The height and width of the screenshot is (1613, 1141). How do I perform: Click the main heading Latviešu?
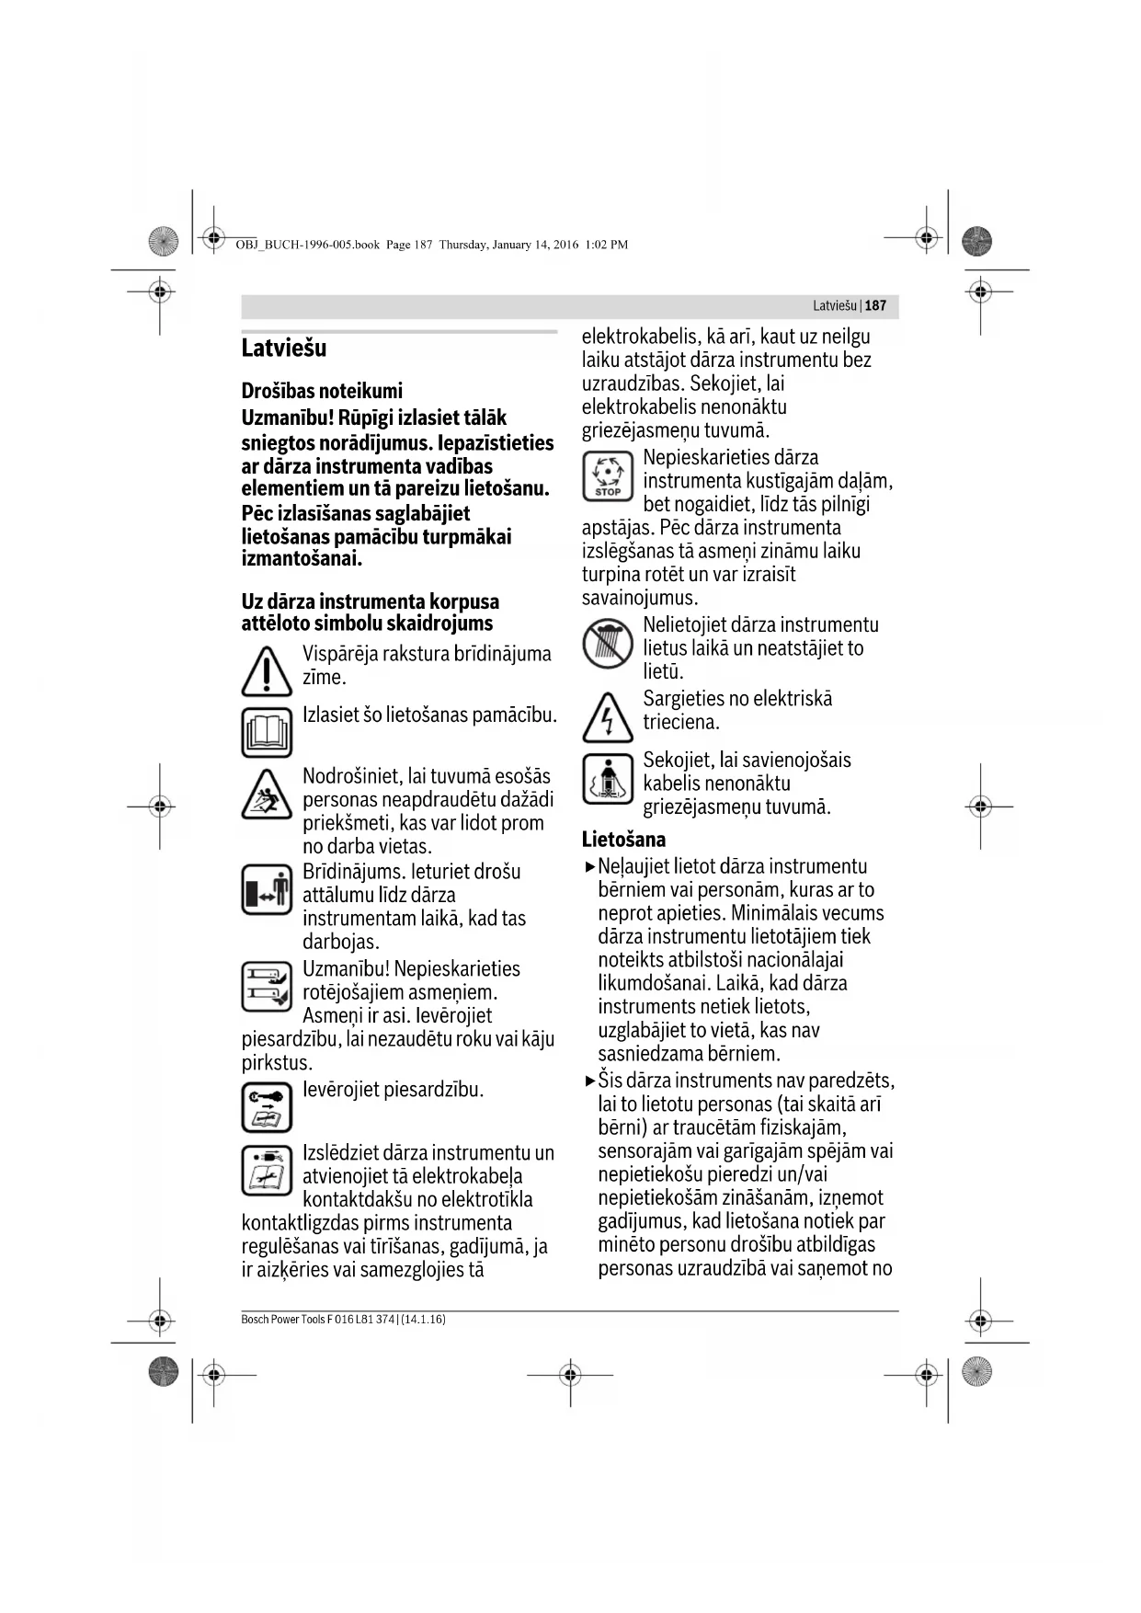(283, 349)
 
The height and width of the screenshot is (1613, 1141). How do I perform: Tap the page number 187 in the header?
(875, 305)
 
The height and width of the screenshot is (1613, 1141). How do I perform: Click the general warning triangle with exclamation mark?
(267, 672)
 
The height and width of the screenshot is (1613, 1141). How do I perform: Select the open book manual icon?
(267, 732)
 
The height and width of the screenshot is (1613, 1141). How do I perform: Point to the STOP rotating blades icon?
(608, 476)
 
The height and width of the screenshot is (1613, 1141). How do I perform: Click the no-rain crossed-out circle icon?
(608, 644)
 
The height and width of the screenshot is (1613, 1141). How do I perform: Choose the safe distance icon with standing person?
(267, 889)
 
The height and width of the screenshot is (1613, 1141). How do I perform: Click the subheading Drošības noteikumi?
(322, 391)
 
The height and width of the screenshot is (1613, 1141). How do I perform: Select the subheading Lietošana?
(623, 839)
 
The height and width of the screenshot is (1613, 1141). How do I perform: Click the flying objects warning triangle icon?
(267, 794)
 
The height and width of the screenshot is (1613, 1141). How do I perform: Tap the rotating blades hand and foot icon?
(267, 987)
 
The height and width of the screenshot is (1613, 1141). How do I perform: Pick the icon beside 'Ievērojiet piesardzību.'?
(267, 1107)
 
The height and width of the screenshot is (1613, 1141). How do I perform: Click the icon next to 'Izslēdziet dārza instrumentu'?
(267, 1170)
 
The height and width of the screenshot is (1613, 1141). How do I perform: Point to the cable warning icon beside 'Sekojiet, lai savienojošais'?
(608, 779)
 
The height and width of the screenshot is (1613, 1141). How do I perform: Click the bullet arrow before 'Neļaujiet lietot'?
(590, 866)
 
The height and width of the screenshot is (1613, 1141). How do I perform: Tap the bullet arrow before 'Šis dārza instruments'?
(590, 1081)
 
